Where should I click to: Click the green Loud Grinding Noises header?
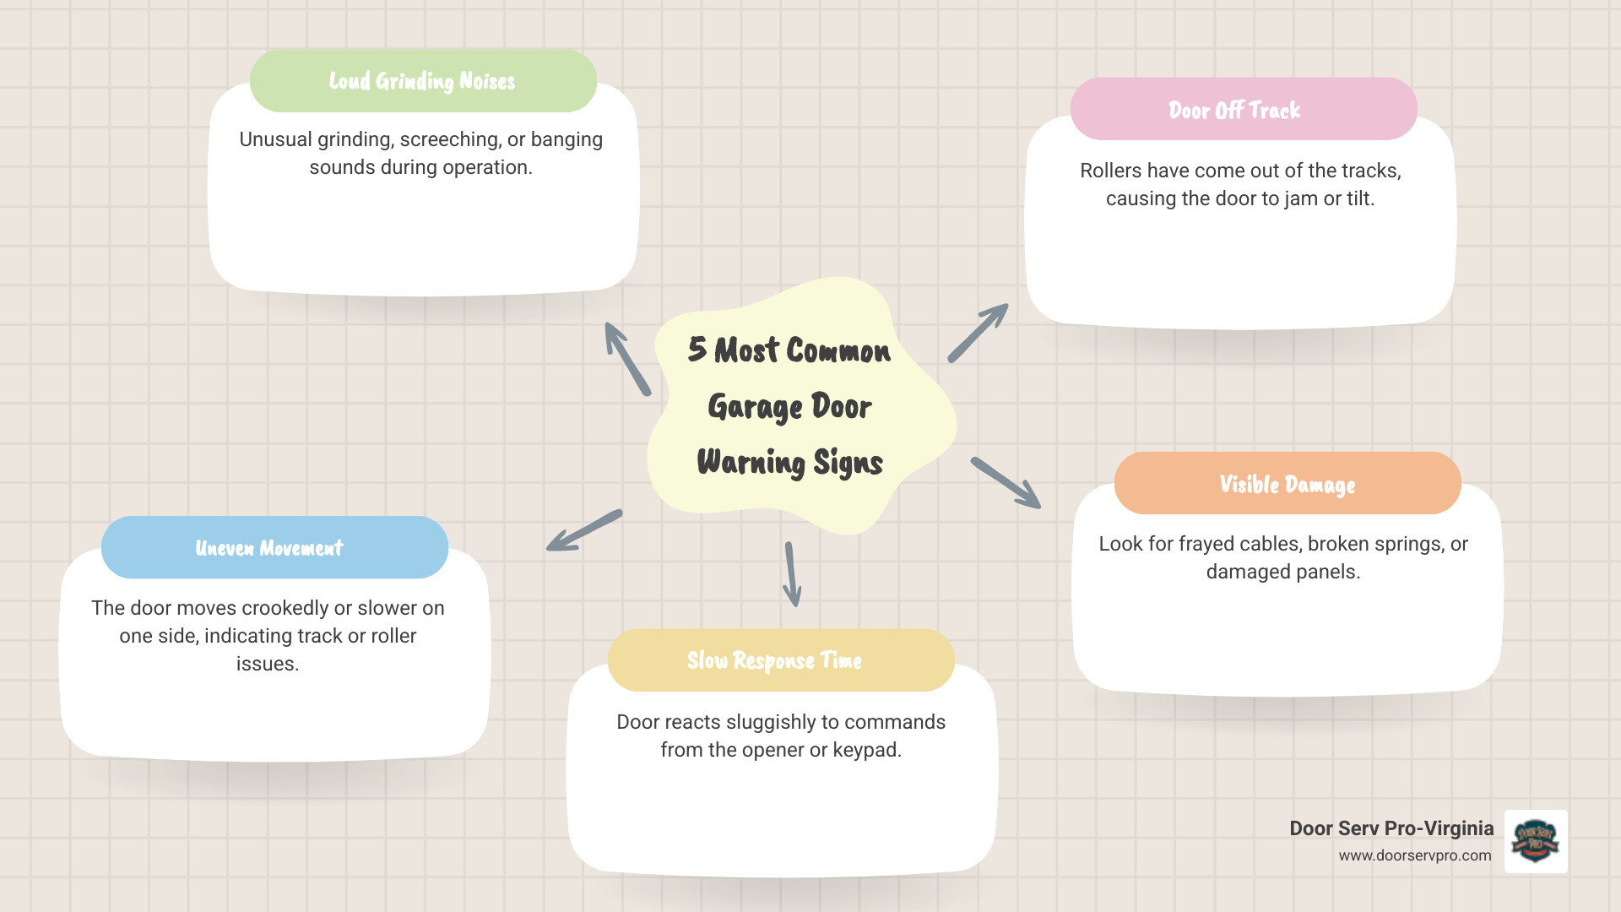[x=422, y=81]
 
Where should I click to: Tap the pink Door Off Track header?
[x=1234, y=110]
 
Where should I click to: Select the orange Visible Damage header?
[x=1287, y=484]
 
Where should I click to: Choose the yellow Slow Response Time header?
[x=774, y=660]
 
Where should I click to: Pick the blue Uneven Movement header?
[x=269, y=548]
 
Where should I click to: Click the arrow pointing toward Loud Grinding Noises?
[x=627, y=359]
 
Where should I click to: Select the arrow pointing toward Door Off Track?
[x=978, y=334]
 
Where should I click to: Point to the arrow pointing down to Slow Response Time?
[x=792, y=574]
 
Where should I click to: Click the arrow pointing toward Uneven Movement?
[x=584, y=530]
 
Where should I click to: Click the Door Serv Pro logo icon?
[x=1536, y=841]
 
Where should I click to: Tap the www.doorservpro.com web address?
[x=1414, y=855]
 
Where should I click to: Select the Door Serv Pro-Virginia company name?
[x=1391, y=828]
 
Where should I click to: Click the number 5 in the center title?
[x=697, y=349]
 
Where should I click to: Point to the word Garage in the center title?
[x=754, y=406]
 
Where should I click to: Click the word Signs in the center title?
[x=848, y=463]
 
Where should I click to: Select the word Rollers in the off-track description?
[x=1110, y=171]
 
